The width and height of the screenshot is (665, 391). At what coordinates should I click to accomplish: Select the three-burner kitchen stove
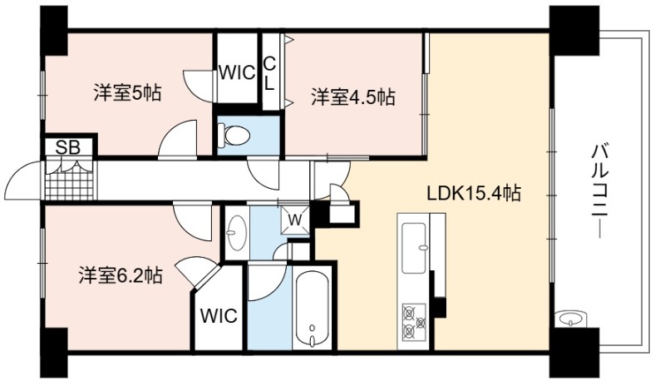[413, 321]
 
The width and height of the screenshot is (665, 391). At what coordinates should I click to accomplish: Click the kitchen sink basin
[413, 249]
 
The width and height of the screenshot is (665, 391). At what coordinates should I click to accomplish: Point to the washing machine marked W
[296, 220]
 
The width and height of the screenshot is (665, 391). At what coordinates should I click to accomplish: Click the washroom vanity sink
[237, 233]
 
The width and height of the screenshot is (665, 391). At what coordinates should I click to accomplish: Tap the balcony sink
[571, 319]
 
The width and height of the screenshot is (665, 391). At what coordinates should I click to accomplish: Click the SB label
[68, 147]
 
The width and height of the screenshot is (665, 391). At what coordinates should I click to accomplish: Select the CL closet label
[269, 74]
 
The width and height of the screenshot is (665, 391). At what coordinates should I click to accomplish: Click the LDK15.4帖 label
[473, 194]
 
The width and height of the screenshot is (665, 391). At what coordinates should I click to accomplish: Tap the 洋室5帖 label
[127, 92]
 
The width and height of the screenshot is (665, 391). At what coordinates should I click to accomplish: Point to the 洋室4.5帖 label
[352, 97]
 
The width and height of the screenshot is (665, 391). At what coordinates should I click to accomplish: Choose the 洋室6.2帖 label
[120, 275]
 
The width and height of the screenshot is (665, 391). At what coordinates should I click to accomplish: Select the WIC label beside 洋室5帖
[237, 72]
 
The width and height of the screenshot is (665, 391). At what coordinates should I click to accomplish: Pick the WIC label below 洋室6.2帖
[219, 316]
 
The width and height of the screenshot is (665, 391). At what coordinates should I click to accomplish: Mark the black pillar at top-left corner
[54, 31]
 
